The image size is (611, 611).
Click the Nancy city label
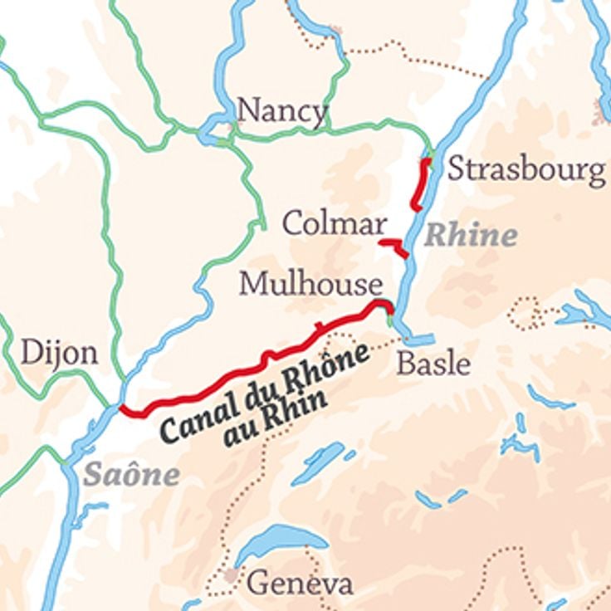pyautogui.click(x=282, y=111)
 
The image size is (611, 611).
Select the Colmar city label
pyautogui.click(x=335, y=222)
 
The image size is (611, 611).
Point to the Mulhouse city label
pyautogui.click(x=310, y=285)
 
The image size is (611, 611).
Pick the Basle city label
pyautogui.click(x=433, y=364)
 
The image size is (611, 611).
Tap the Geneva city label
pyautogui.click(x=299, y=583)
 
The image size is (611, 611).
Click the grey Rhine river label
pyautogui.click(x=471, y=236)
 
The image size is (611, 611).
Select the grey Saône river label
pyautogui.click(x=131, y=475)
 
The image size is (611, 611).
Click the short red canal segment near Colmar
pyautogui.click(x=393, y=246)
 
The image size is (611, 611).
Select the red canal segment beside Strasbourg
pyautogui.click(x=422, y=184)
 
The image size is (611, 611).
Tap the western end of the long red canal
pyautogui.click(x=124, y=409)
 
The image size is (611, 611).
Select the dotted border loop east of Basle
pyautogui.click(x=525, y=314)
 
